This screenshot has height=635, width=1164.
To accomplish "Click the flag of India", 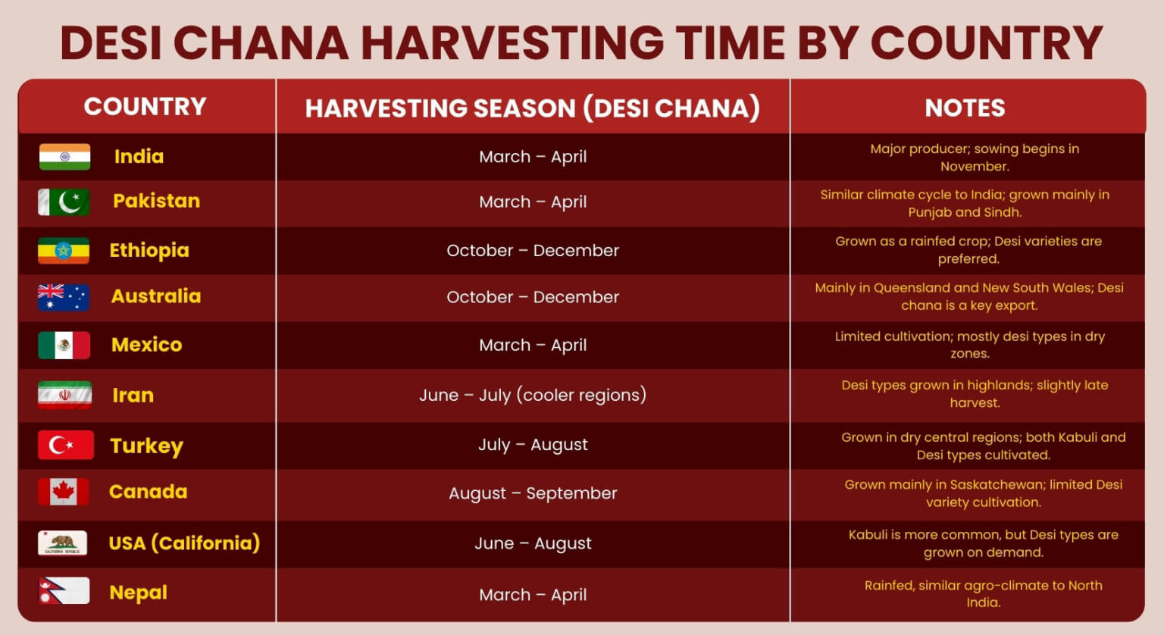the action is coord(64,157).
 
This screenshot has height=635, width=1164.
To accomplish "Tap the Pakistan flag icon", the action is coord(64,202).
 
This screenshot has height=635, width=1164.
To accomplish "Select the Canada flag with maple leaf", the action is coord(64,492).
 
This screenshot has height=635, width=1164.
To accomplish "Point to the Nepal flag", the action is coord(64,591).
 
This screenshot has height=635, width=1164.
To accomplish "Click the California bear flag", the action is coord(62,543).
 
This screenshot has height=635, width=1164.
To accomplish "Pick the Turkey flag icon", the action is coord(65,445).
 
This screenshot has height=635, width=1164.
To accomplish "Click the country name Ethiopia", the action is coord(149,251).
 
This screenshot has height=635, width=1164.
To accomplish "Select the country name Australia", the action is coord(156,296).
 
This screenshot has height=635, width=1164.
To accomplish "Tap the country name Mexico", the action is coord(146,345).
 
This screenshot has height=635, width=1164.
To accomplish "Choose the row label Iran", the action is coord(133,396).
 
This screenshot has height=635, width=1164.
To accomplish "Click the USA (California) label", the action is coord(184,543).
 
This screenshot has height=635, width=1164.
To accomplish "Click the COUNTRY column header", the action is coord(145,107).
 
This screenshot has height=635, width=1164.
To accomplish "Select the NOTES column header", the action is coord(965,108).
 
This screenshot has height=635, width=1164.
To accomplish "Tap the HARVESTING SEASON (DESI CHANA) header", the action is coord(533,108).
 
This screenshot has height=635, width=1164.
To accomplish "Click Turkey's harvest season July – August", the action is coord(533,445).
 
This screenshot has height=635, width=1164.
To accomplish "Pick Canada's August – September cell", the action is coord(533,493).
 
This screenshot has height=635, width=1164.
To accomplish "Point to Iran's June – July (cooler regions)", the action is coord(533,395).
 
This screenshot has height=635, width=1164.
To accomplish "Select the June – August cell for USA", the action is coord(533,543).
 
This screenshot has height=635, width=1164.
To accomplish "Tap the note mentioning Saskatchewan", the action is coord(983,493).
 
